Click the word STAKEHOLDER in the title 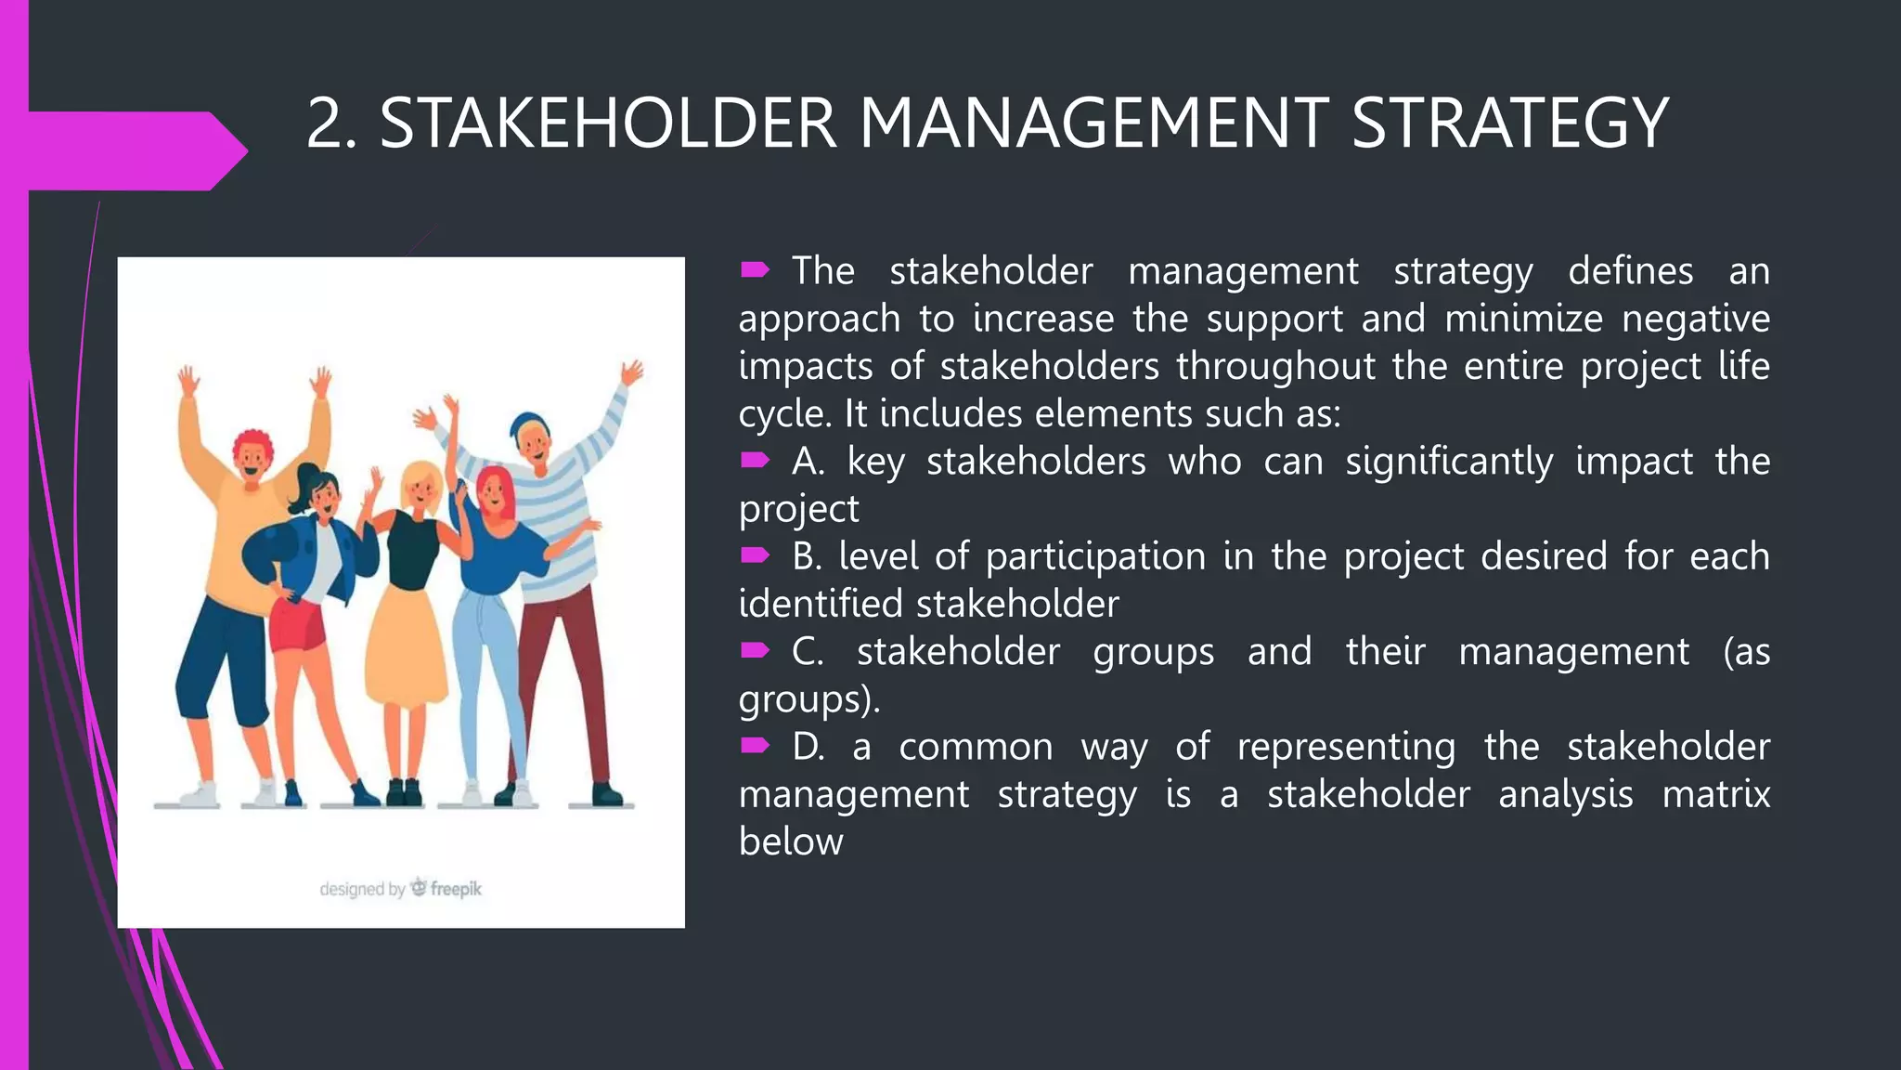(x=608, y=124)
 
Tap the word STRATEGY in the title (x=1509, y=124)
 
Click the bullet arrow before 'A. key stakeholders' (x=755, y=460)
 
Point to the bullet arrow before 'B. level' (x=755, y=555)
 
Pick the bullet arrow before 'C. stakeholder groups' (x=755, y=650)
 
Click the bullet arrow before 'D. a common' (x=755, y=745)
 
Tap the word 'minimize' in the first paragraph (x=1523, y=319)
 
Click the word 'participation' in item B (x=1095, y=556)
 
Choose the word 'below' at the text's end (x=791, y=842)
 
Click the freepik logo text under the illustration (x=455, y=889)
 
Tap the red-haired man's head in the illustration (x=252, y=452)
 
